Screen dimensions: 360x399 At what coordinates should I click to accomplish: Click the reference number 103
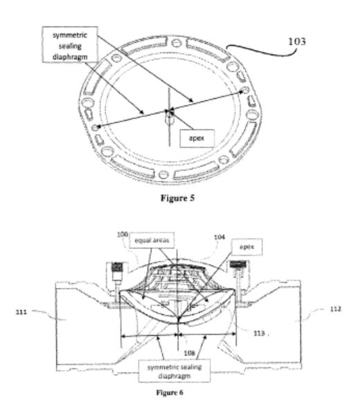297,42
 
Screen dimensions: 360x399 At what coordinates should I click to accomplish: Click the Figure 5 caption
177,197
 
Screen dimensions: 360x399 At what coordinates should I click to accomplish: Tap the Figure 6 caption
170,392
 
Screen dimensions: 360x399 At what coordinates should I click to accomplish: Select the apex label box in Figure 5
197,138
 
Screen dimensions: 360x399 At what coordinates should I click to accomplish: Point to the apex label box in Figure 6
246,247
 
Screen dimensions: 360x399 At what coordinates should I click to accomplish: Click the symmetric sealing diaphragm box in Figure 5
70,44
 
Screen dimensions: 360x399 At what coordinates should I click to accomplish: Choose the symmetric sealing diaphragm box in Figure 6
174,371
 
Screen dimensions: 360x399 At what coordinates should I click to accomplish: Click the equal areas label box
152,240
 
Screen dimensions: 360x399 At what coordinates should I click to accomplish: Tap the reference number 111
21,312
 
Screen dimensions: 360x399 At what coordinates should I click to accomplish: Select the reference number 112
336,309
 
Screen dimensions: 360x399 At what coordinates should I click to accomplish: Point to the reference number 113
259,333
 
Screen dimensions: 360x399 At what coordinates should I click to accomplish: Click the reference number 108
190,353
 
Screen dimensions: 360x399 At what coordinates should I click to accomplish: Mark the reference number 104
219,237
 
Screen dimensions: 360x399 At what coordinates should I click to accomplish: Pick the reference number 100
123,234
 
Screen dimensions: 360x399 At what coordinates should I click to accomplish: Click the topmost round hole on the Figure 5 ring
176,43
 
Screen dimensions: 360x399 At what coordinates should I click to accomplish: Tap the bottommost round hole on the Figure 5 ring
163,175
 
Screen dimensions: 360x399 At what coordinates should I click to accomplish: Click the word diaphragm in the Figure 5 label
70,57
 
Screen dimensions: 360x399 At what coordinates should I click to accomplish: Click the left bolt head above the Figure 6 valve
118,267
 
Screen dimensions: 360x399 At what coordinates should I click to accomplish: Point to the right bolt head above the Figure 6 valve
238,265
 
